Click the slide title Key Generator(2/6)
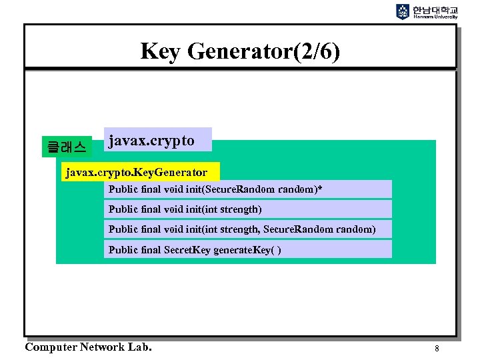[x=240, y=51]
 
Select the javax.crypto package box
[x=158, y=141]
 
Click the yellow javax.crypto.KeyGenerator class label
[x=139, y=173]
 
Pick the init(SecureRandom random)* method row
[x=248, y=189]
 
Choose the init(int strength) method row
[x=248, y=209]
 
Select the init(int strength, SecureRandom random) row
[x=248, y=229]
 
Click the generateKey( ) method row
[x=248, y=249]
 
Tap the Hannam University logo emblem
[x=403, y=12]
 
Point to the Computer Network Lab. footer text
[x=88, y=347]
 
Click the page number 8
[x=437, y=348]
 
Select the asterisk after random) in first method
[x=320, y=189]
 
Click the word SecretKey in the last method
[x=187, y=249]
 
